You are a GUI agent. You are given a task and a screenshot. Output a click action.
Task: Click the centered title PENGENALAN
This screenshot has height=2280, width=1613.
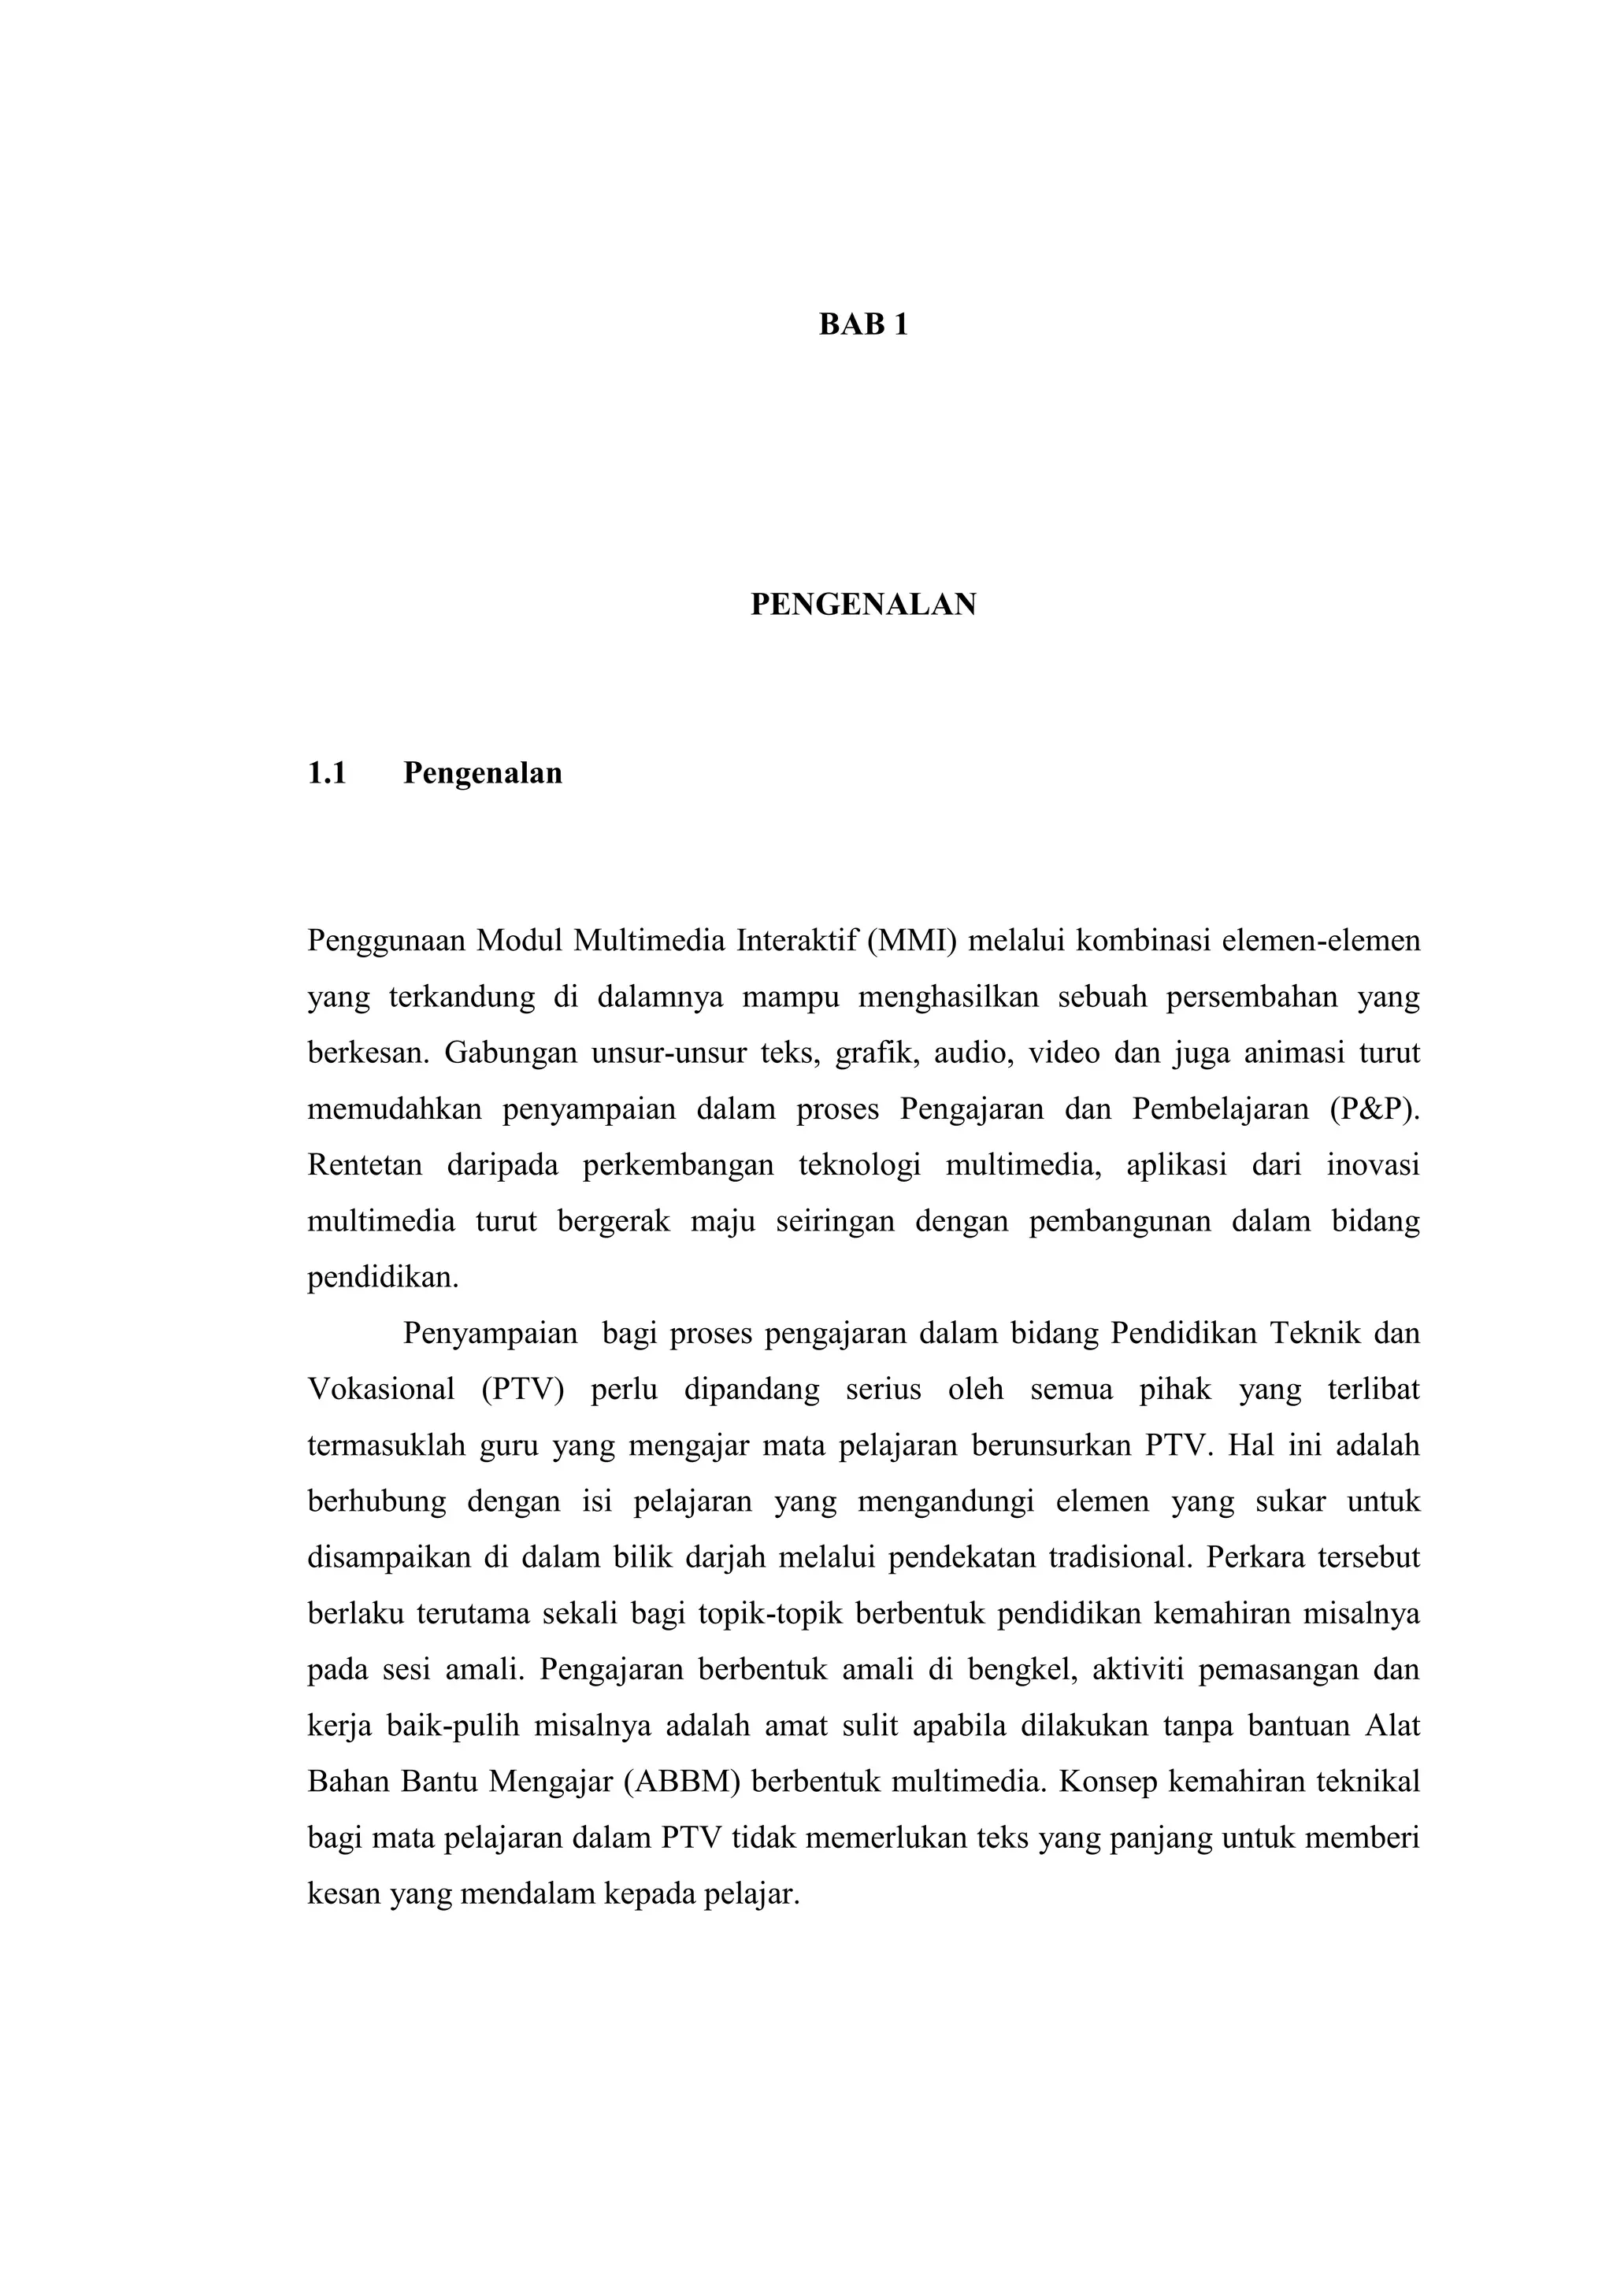(862, 604)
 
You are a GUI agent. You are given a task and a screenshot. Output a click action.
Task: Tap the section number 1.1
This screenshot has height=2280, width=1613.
(327, 774)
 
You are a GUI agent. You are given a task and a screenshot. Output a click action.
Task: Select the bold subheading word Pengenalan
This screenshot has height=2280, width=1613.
(483, 774)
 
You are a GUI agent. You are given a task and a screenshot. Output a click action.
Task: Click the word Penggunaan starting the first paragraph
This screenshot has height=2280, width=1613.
(387, 939)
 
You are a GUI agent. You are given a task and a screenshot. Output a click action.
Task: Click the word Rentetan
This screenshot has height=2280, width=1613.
(365, 1165)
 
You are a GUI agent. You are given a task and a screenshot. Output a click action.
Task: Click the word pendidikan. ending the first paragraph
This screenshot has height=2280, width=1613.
(384, 1277)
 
